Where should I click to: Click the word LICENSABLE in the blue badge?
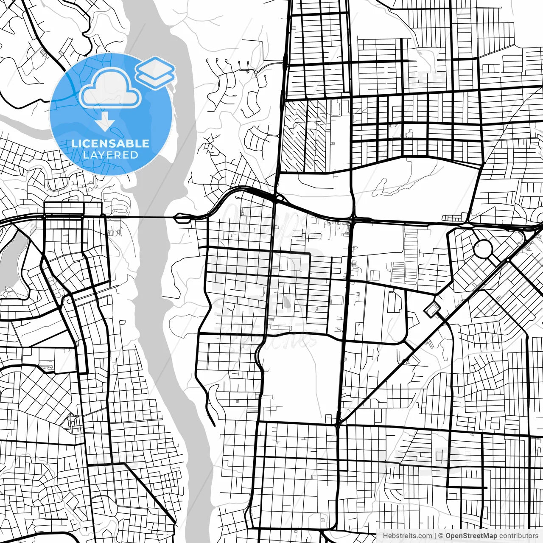[110, 143]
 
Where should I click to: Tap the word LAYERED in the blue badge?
[110, 155]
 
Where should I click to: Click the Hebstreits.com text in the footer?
[408, 536]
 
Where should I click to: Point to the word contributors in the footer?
[518, 536]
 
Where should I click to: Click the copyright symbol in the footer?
[441, 536]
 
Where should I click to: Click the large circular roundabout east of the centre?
[482, 248]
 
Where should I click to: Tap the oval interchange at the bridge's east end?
[183, 218]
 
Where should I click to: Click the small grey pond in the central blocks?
[287, 303]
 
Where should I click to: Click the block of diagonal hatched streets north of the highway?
[305, 136]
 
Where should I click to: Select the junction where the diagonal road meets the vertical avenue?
[338, 422]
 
